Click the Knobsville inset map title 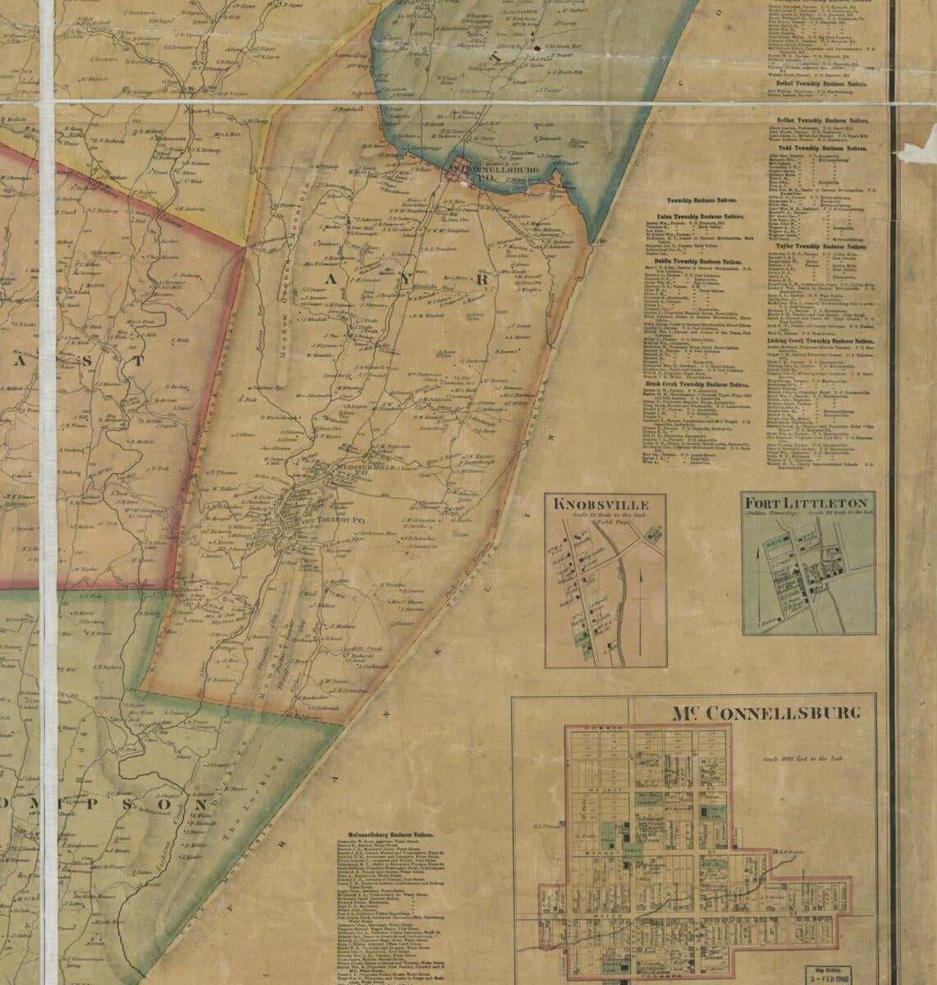(602, 504)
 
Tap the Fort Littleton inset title (808, 502)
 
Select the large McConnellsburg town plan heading (766, 712)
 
